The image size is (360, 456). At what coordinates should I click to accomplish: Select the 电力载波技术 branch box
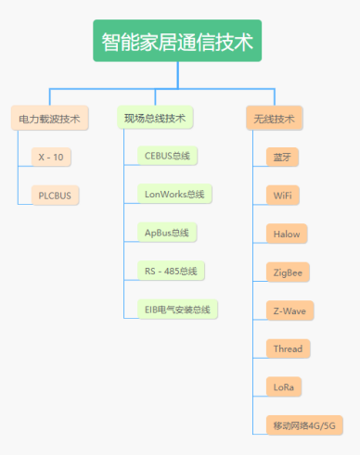(x=49, y=119)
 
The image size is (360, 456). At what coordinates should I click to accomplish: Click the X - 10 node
(x=51, y=157)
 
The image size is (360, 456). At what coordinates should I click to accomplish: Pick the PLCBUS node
(x=55, y=195)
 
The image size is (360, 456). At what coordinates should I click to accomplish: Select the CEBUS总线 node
(x=167, y=156)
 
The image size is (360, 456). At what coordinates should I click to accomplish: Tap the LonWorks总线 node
(x=174, y=194)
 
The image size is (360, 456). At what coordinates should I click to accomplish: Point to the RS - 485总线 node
(x=170, y=271)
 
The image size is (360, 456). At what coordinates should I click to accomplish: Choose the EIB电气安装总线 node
(x=176, y=309)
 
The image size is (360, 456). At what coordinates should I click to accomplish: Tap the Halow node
(x=283, y=234)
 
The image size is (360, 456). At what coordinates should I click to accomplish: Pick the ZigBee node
(x=287, y=272)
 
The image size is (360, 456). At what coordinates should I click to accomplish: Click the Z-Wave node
(x=287, y=310)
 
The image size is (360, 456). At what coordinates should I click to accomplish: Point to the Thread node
(x=287, y=348)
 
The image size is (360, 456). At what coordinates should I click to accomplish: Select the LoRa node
(x=283, y=386)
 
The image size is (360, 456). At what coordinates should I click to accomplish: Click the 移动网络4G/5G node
(x=302, y=424)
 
